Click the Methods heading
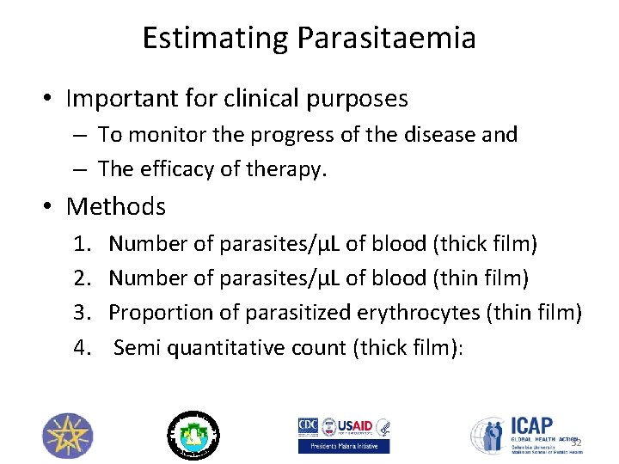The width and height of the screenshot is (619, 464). [116, 206]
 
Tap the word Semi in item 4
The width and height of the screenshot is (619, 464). [133, 347]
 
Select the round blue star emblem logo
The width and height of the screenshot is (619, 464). [67, 434]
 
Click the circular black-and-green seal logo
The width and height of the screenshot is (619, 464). [193, 434]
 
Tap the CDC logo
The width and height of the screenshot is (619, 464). [308, 427]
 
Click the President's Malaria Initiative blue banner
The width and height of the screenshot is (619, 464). [344, 446]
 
